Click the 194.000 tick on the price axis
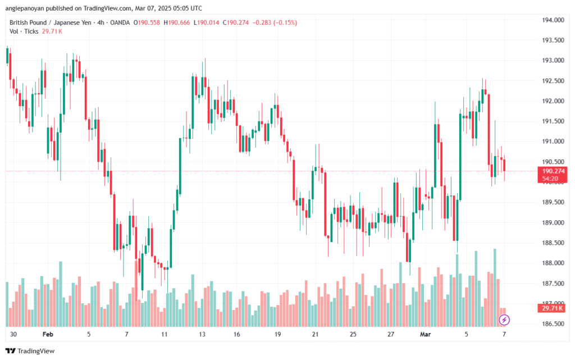coord(553,20)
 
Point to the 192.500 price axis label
coord(553,81)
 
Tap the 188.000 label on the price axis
coord(553,263)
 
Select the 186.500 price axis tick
coord(553,324)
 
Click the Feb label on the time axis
coord(47,334)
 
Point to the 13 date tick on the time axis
coord(200,334)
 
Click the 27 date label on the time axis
coord(390,334)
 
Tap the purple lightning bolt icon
coord(504,320)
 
